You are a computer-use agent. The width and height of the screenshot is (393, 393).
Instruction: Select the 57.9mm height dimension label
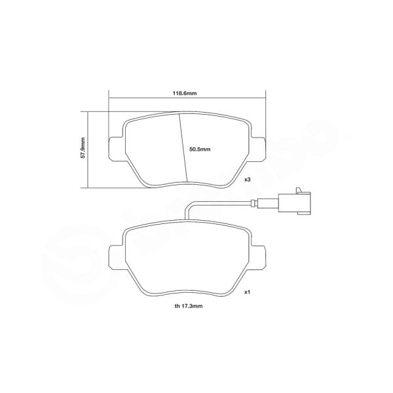pyautogui.click(x=83, y=149)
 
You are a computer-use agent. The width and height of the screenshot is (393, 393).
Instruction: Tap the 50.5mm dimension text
pyautogui.click(x=199, y=149)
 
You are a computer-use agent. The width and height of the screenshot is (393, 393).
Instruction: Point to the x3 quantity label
pyautogui.click(x=248, y=179)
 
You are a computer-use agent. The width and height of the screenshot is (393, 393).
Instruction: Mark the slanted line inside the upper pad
pyautogui.click(x=183, y=147)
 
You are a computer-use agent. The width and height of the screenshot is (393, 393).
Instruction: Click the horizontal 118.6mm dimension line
pyautogui.click(x=144, y=99)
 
